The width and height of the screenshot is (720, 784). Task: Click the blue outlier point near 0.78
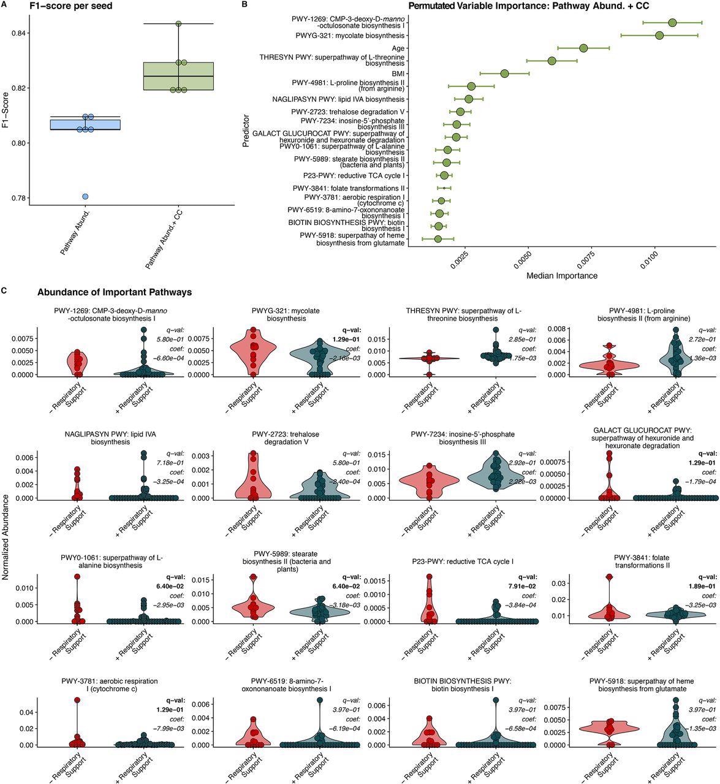85,196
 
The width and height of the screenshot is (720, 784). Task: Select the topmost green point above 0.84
178,24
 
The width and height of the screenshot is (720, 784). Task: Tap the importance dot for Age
583,48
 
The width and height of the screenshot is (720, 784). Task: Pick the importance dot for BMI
504,74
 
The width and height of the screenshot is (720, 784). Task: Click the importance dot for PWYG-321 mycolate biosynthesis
659,36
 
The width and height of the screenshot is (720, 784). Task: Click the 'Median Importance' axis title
562,275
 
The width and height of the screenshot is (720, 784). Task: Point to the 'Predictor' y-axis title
246,128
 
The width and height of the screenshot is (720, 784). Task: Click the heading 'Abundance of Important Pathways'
115,292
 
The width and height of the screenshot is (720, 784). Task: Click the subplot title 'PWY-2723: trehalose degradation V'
285,438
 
